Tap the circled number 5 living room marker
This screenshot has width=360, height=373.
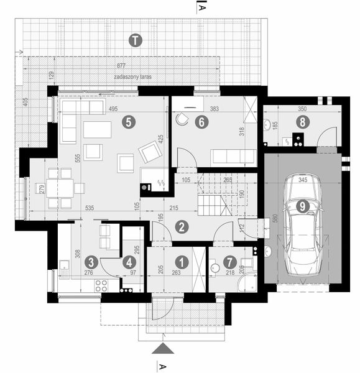tap(128, 122)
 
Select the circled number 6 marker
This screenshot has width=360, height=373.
tap(200, 122)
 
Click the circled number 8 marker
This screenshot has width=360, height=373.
tap(302, 122)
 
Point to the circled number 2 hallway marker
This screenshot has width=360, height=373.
tap(182, 227)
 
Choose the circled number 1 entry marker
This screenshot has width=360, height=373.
tap(181, 262)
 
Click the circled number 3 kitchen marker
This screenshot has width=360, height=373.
tap(91, 262)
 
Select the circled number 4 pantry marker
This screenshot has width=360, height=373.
tap(129, 262)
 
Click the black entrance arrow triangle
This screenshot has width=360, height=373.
tap(163, 349)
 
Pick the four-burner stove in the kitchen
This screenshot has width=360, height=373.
tap(101, 286)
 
